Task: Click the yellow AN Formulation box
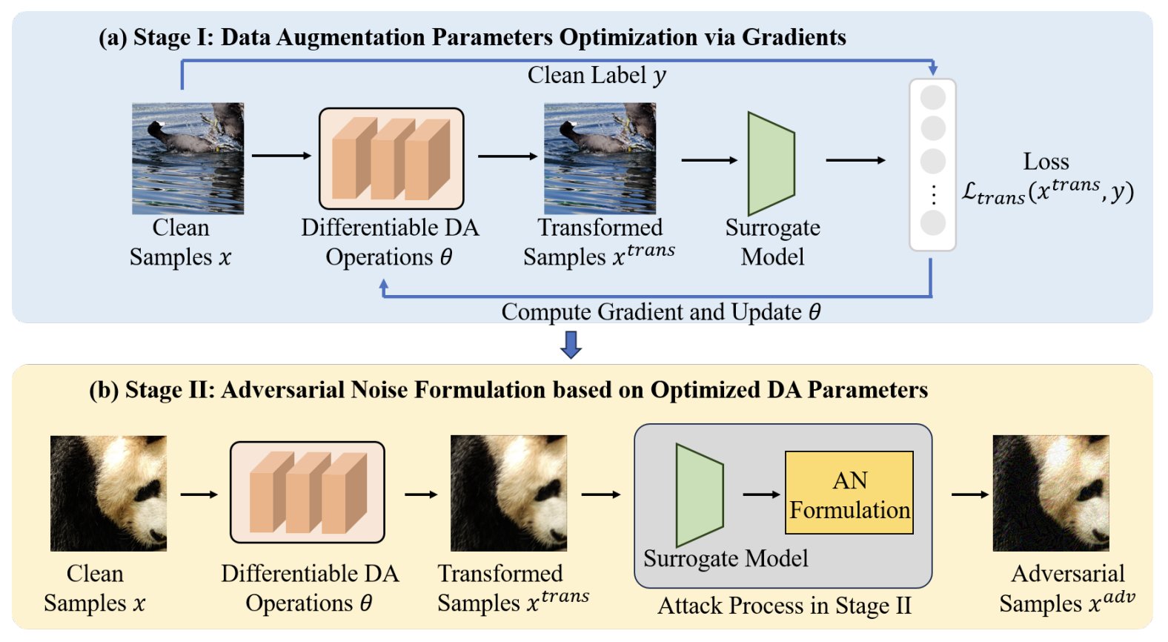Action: [849, 492]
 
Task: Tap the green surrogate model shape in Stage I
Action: [771, 164]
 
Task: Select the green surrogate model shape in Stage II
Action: [699, 495]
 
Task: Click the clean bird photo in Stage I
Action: [188, 158]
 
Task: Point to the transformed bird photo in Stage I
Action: [600, 158]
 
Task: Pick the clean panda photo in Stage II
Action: [108, 493]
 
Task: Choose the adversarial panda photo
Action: [1050, 493]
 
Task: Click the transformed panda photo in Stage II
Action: [508, 493]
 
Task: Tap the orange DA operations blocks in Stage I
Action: [391, 159]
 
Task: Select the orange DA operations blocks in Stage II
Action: [307, 492]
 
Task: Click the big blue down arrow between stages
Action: [571, 344]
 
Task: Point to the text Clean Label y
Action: [597, 76]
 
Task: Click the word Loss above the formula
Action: [1046, 162]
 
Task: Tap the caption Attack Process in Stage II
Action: [784, 606]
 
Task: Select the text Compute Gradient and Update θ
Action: [660, 312]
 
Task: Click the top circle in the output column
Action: [932, 97]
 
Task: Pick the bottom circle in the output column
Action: [932, 222]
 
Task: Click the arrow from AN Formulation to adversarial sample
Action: [969, 494]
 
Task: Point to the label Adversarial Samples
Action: [1066, 588]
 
